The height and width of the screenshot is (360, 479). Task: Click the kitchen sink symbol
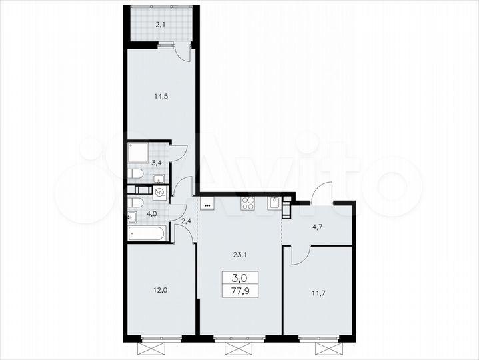274,203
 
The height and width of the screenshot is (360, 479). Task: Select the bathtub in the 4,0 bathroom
147,233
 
